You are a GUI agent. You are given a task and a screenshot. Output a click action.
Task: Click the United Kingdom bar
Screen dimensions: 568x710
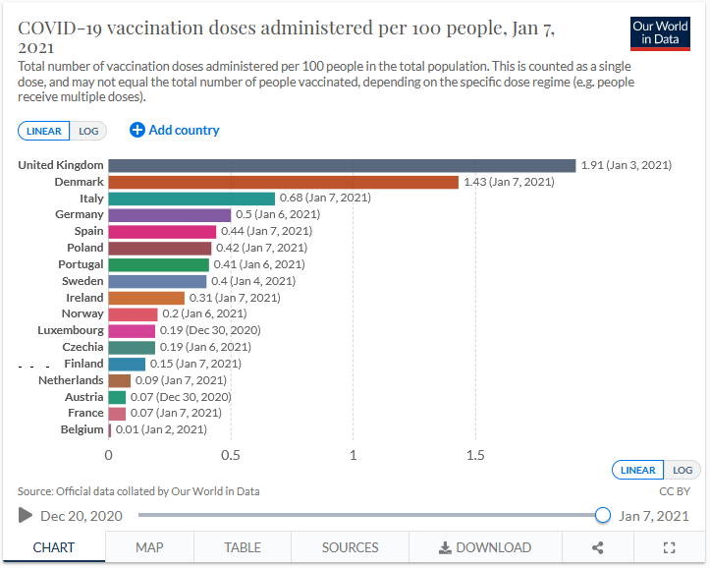coord(342,165)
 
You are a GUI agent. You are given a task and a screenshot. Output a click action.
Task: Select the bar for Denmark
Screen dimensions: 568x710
coord(283,182)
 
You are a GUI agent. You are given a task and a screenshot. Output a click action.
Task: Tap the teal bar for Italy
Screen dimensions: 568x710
coord(191,199)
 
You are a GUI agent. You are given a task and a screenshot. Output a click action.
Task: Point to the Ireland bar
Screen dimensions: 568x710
coord(146,298)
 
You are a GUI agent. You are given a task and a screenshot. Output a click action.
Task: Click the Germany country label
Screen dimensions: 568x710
coord(80,214)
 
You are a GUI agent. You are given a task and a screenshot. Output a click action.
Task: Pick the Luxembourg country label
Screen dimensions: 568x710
coord(71,330)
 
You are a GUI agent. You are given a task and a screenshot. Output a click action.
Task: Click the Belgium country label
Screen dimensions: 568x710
coord(82,429)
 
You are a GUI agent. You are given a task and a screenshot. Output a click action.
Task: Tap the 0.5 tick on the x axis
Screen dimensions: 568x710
coord(231,456)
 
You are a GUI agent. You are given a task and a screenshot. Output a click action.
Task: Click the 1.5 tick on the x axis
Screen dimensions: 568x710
coord(475,456)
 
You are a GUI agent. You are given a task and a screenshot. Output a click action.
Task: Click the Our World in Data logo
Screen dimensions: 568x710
coord(660,32)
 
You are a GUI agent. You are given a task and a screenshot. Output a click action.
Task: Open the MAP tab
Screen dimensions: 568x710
coord(149,547)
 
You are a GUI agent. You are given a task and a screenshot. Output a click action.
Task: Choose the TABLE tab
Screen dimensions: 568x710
coord(243,547)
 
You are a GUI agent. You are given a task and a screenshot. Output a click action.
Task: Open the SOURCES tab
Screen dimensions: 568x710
coord(350,547)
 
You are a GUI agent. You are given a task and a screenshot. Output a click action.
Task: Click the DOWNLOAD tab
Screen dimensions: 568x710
coord(484,547)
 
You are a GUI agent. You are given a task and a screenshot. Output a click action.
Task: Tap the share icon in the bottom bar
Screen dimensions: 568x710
coord(598,547)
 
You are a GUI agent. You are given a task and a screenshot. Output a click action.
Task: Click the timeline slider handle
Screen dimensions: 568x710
coord(603,515)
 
